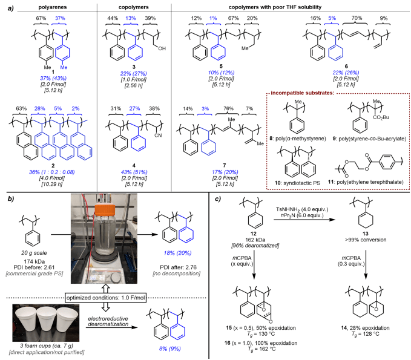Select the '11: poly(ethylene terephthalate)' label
click(357, 190)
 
